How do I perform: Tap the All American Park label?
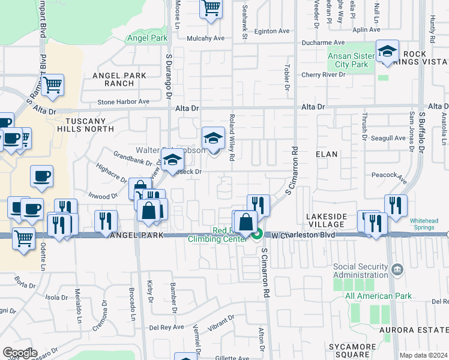378,296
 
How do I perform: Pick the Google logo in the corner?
20,353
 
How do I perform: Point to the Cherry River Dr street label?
324,75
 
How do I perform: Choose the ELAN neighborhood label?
327,154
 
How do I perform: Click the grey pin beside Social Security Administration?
397,271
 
